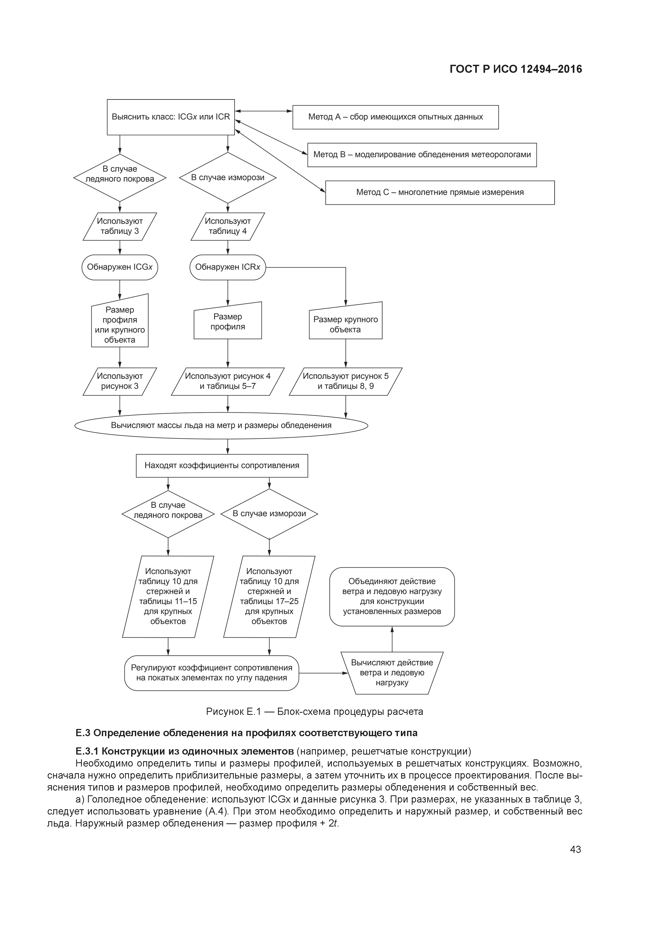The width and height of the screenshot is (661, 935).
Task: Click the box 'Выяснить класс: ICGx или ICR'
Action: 171,117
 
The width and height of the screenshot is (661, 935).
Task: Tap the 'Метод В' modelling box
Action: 422,155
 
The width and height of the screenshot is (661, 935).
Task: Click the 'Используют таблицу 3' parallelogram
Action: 119,226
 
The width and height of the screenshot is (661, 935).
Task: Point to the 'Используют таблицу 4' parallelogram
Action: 228,226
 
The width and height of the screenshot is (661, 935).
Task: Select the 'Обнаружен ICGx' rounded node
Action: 119,267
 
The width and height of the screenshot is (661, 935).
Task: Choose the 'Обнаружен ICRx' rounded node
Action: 227,267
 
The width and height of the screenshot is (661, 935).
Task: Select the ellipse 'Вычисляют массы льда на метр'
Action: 221,426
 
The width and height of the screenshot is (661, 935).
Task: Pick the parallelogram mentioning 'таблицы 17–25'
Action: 269,596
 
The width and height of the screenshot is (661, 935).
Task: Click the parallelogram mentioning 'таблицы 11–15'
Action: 168,596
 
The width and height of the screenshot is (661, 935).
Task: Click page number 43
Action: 575,849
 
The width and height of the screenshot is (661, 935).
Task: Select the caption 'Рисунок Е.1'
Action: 315,711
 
